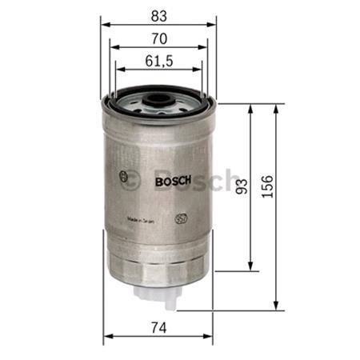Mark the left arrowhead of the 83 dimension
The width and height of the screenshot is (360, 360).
tap(104, 25)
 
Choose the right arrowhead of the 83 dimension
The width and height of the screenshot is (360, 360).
tap(212, 25)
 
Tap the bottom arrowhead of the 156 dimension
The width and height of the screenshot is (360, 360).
tap(277, 307)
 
